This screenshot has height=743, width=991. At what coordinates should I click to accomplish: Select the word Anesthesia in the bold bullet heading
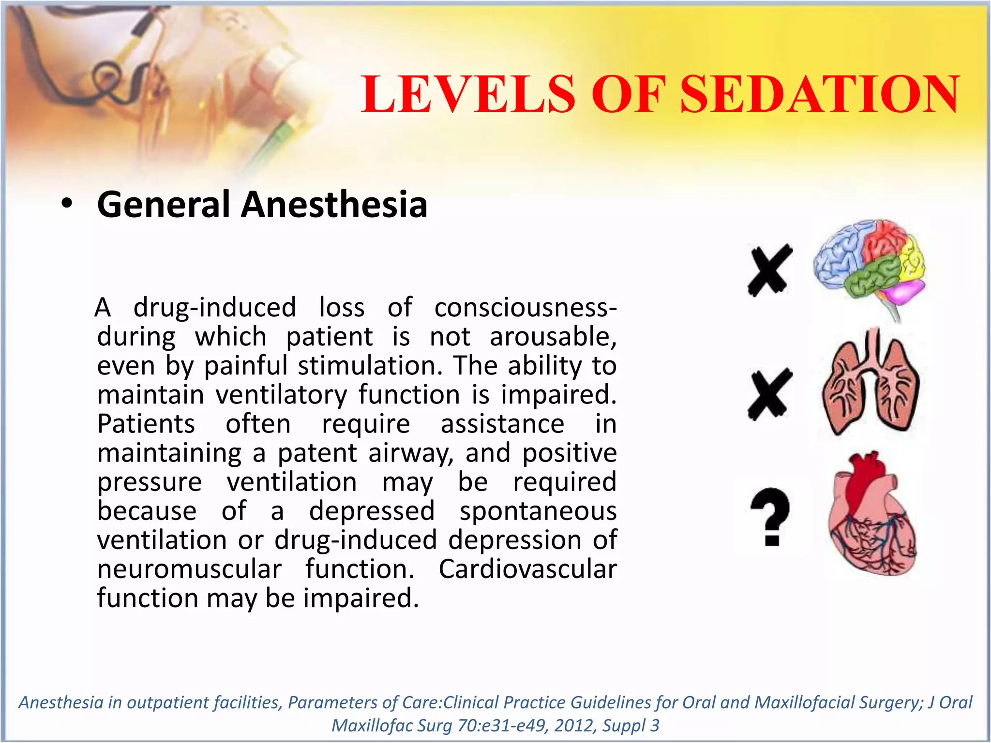334,205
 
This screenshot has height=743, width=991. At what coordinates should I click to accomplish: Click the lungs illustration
871,382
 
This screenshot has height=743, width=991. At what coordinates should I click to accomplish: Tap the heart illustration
871,515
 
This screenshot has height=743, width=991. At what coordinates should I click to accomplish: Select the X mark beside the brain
770,270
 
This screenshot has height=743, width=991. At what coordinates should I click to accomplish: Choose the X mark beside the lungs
770,394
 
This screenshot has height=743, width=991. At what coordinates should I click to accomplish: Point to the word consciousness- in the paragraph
526,308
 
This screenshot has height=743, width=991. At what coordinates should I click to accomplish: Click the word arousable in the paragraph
553,337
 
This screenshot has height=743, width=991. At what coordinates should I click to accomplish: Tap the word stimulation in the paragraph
370,366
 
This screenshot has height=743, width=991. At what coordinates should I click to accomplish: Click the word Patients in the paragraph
146,424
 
